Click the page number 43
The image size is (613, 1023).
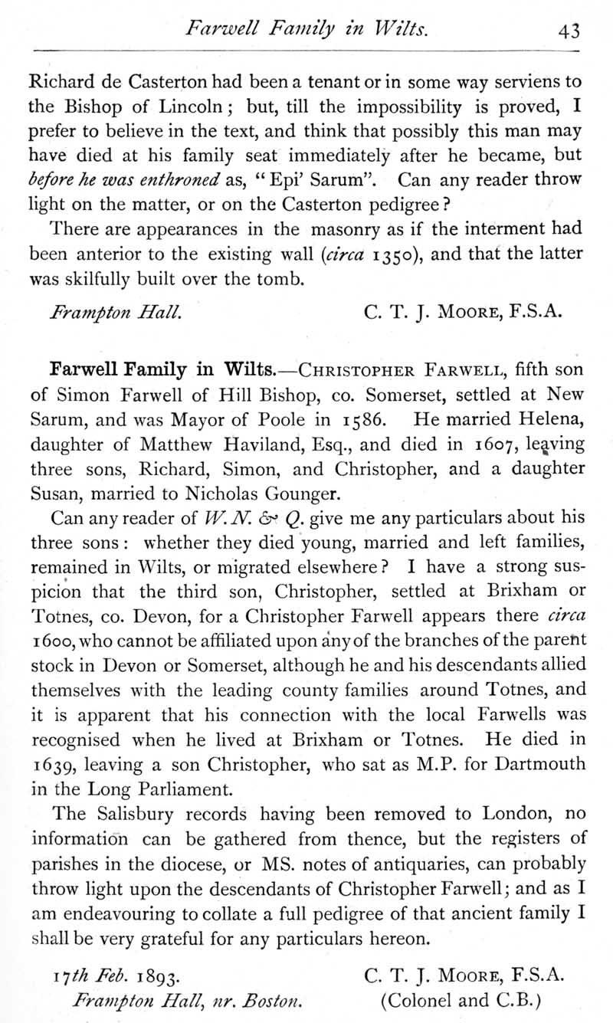[x=569, y=31]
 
